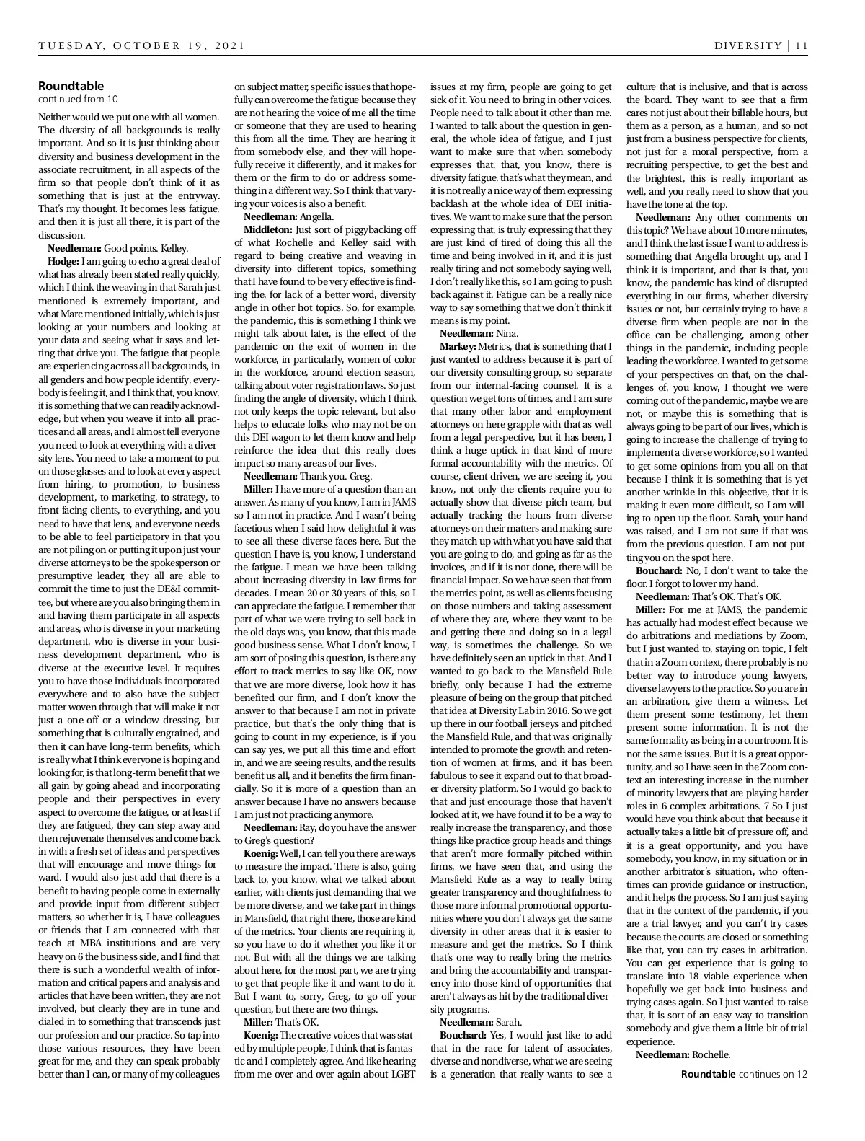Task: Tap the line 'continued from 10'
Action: (x=78, y=99)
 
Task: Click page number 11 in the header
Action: (x=802, y=45)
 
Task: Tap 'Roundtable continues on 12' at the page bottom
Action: (x=744, y=1073)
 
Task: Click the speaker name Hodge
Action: (x=63, y=260)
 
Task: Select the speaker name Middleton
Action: (x=264, y=229)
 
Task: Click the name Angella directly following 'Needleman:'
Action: (x=316, y=216)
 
